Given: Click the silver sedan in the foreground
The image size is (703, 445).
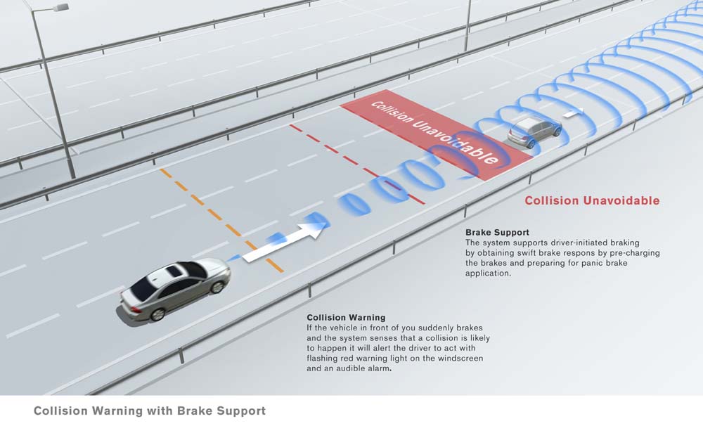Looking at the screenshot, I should coord(174,288).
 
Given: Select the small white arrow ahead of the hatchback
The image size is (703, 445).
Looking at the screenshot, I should coord(574,111).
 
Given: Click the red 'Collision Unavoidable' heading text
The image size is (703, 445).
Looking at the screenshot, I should coord(592,200).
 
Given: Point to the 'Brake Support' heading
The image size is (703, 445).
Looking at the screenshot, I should coord(497,232).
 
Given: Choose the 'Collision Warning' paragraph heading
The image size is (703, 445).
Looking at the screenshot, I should coord(346,318).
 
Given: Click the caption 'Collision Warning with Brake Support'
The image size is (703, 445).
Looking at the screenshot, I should coord(150,411).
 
